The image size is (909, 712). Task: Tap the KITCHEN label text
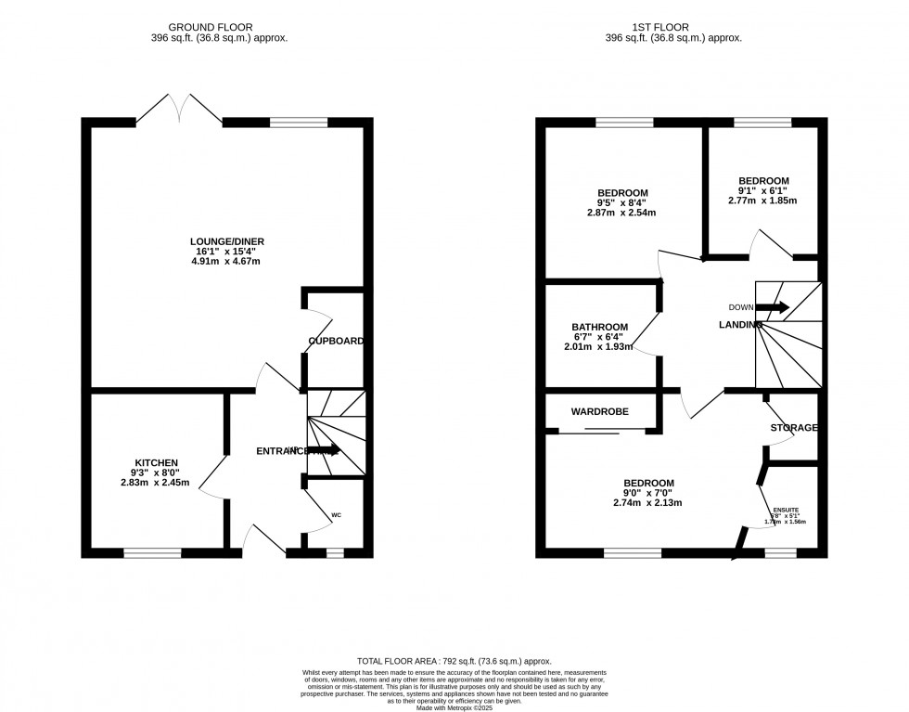pyautogui.click(x=156, y=462)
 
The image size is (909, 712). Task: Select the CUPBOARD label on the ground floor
pyautogui.click(x=336, y=342)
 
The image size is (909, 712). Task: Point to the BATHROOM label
pyautogui.click(x=599, y=328)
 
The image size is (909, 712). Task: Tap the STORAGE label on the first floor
pyautogui.click(x=793, y=428)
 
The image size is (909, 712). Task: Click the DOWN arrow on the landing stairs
pyautogui.click(x=772, y=307)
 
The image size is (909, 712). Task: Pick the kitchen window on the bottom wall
pyautogui.click(x=153, y=553)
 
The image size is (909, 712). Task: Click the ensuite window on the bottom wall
pyautogui.click(x=780, y=553)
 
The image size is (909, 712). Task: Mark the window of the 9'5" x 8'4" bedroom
pyautogui.click(x=623, y=122)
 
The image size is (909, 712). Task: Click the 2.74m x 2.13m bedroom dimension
pyautogui.click(x=647, y=503)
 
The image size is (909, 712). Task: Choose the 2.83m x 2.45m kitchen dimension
pyautogui.click(x=155, y=483)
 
